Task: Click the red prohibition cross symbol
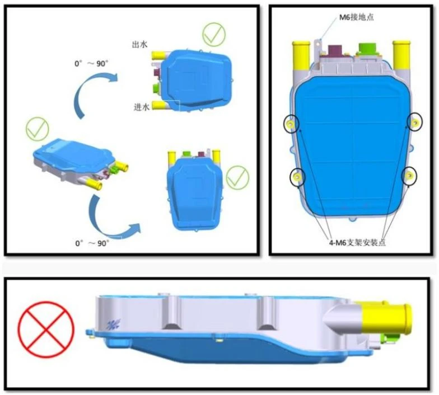pyautogui.click(x=46, y=329)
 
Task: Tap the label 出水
pyautogui.click(x=139, y=45)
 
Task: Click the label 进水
pyautogui.click(x=142, y=106)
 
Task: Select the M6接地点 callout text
pyautogui.click(x=356, y=17)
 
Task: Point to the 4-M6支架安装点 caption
pyautogui.click(x=357, y=243)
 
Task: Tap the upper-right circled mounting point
pyautogui.click(x=414, y=122)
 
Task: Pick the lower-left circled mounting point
pyautogui.click(x=297, y=177)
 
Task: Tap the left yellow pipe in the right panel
pyautogui.click(x=301, y=55)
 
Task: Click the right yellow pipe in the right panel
pyautogui.click(x=401, y=55)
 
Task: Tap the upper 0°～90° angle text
pyautogui.click(x=91, y=64)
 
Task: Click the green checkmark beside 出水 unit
pyautogui.click(x=214, y=35)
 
